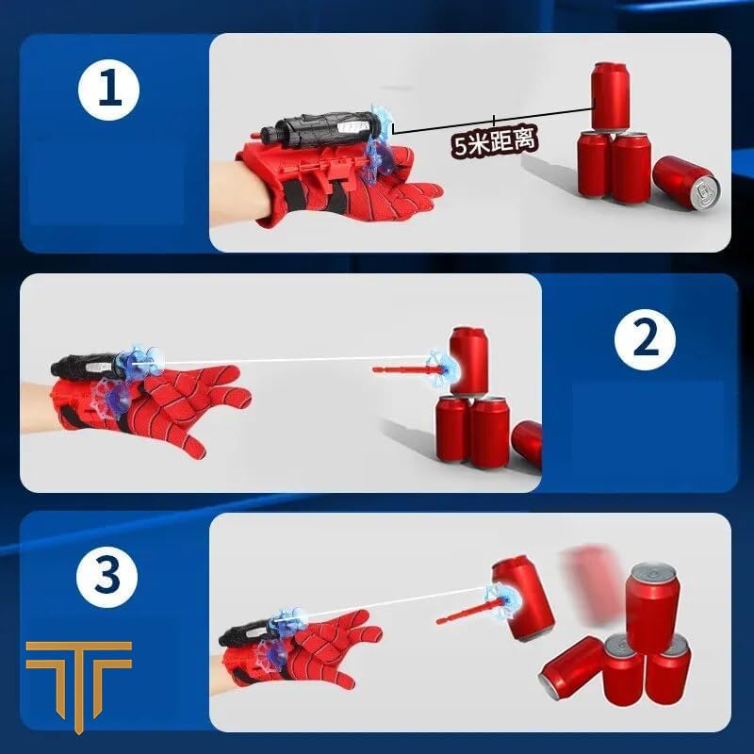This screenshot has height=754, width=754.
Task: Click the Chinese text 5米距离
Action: point(495,142)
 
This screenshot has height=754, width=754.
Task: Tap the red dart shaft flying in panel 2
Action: point(401,367)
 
